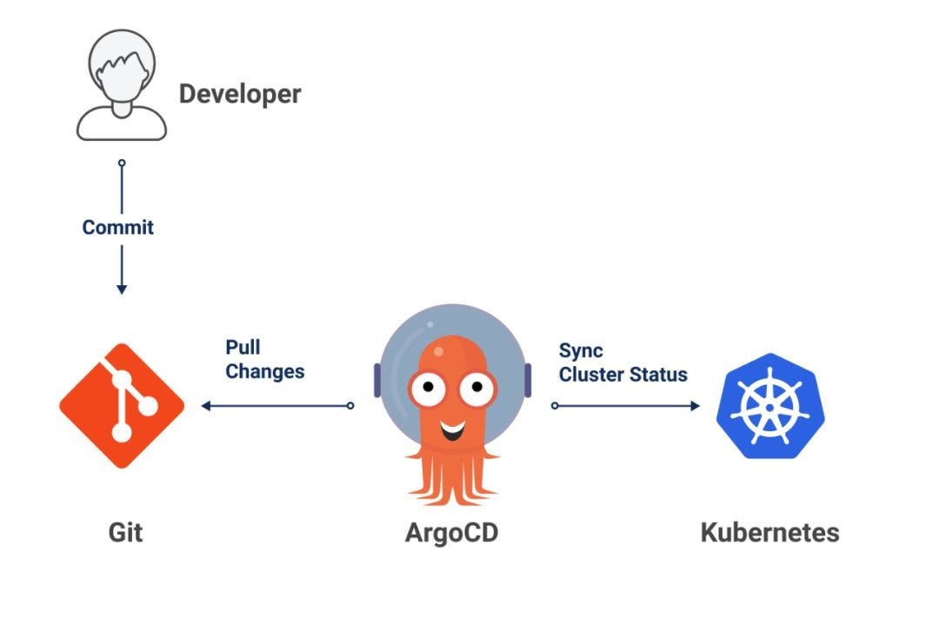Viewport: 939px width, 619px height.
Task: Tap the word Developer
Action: [x=240, y=94]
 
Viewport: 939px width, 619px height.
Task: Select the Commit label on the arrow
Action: [x=118, y=228]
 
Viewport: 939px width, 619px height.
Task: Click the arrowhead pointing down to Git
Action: [x=122, y=288]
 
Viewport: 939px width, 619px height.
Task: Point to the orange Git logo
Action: [x=122, y=406]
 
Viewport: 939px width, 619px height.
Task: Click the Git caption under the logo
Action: [x=125, y=531]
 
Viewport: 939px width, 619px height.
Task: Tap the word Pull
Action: [x=243, y=348]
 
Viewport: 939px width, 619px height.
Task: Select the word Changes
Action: [x=265, y=371]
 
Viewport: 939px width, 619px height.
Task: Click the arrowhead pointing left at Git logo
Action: [x=205, y=406]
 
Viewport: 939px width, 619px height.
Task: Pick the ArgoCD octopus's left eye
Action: [x=427, y=390]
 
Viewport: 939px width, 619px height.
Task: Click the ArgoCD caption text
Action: [x=451, y=531]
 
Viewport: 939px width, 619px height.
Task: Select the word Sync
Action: [x=581, y=350]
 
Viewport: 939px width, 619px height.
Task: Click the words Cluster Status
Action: [x=623, y=375]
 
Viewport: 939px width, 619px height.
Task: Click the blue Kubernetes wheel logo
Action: [x=769, y=406]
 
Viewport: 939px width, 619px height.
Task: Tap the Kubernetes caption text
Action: [x=769, y=531]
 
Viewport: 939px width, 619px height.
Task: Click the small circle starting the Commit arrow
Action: [x=122, y=163]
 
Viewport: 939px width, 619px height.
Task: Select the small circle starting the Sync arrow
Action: [x=555, y=406]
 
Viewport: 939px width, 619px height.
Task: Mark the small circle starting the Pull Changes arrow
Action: [x=350, y=406]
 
